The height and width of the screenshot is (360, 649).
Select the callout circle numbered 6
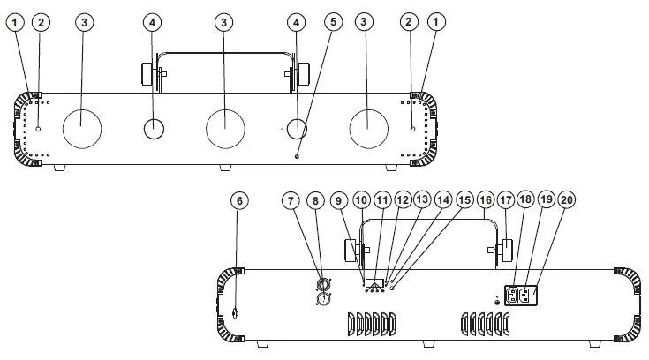(238, 200)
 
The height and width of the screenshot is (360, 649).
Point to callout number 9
(338, 200)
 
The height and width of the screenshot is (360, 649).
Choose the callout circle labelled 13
(421, 200)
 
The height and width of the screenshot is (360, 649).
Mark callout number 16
(485, 200)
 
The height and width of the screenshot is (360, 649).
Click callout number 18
(526, 200)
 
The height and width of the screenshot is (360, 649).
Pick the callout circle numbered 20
(567, 200)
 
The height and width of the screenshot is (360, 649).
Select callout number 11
(381, 200)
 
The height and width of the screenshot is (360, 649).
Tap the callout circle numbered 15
(464, 200)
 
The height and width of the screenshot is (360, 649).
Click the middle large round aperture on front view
(225, 129)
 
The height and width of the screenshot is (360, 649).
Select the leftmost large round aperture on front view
(83, 129)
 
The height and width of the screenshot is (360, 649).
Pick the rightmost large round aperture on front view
(369, 129)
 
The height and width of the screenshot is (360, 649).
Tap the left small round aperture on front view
(155, 129)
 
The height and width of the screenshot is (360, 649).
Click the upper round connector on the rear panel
(324, 284)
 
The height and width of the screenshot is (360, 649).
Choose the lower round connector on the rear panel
(324, 300)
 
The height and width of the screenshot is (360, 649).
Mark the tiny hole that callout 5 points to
(297, 156)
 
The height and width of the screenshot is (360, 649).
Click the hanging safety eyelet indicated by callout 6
(237, 314)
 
